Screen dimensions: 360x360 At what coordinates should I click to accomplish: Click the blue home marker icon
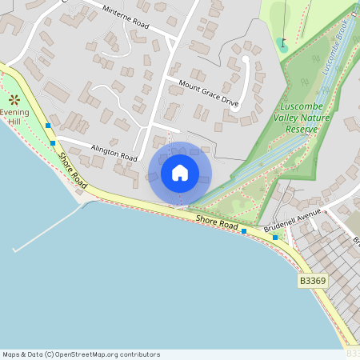click(180, 173)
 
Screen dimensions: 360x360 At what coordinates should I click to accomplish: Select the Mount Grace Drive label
click(209, 93)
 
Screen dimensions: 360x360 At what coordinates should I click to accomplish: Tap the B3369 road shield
click(312, 281)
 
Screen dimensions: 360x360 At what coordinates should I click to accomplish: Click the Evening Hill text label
click(14, 118)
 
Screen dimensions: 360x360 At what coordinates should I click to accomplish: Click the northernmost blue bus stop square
click(49, 126)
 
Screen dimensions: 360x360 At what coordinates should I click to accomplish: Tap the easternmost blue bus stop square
click(275, 237)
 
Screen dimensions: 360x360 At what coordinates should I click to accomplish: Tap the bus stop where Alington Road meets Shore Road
click(53, 143)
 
